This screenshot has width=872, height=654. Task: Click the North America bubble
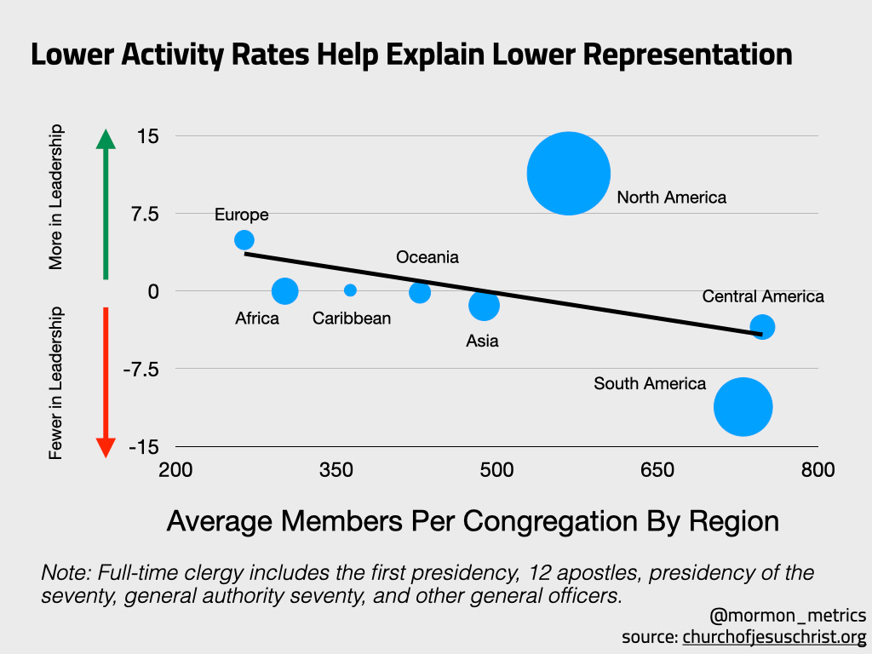click(569, 174)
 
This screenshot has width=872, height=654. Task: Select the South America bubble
click(743, 406)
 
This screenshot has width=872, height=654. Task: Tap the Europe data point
click(244, 240)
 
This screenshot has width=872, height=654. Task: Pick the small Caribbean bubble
click(350, 290)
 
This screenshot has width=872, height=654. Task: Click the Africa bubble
click(284, 291)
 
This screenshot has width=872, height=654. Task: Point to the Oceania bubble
click(420, 292)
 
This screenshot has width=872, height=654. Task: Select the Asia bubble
click(484, 305)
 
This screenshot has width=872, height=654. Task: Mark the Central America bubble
click(762, 326)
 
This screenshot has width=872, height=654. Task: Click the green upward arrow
click(105, 204)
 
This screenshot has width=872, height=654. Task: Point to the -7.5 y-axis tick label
click(143, 369)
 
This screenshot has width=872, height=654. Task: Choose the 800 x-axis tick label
click(818, 470)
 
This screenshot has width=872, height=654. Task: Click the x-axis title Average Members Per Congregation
click(473, 520)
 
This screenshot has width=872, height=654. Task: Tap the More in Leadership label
click(57, 198)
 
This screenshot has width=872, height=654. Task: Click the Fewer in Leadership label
click(57, 383)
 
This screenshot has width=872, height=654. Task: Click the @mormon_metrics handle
click(788, 615)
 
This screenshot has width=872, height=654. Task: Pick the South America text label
click(650, 384)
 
